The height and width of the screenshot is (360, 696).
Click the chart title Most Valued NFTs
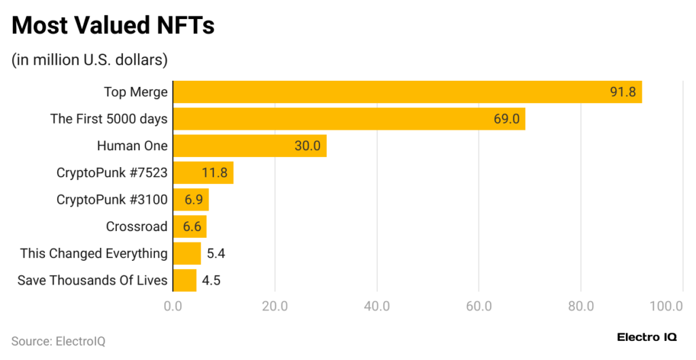coord(113,26)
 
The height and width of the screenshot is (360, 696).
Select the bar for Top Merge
coord(407,92)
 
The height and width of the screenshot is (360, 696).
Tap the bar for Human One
coord(249,145)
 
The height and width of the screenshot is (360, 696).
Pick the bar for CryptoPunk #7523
coord(203,173)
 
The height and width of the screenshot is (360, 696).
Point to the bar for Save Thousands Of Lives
coord(185,280)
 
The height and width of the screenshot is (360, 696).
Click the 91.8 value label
coord(622,92)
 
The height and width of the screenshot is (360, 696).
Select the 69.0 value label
coord(506,119)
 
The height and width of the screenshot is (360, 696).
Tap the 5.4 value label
coord(216,253)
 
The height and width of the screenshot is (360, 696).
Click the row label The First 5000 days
coord(109,119)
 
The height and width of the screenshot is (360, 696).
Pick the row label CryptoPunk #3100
coord(112,200)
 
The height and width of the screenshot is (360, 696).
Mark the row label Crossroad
coord(137,226)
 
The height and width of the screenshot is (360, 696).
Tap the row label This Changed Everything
coord(94,253)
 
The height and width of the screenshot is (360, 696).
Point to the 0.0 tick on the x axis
coord(173,306)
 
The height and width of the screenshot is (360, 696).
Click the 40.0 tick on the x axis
coord(377,306)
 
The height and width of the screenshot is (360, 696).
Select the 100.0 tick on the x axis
coord(666,306)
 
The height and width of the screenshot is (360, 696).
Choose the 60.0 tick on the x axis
coord(478,306)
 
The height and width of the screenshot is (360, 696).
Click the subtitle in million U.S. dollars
coord(89,60)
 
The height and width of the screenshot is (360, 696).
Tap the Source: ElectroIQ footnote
coord(58,341)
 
